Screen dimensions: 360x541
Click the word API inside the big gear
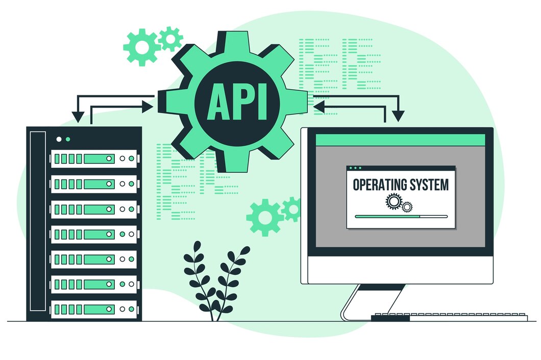click(237, 102)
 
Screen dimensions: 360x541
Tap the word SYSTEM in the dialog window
click(429, 184)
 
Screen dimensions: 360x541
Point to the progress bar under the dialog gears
click(401, 216)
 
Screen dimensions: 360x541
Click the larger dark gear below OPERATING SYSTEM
click(394, 202)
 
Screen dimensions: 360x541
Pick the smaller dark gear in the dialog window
click(407, 207)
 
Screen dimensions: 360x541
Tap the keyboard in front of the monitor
click(449, 317)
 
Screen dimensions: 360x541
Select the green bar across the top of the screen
click(400, 139)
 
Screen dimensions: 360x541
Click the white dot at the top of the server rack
click(59, 139)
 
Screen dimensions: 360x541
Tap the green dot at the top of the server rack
click(68, 139)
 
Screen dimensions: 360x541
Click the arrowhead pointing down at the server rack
click(78, 118)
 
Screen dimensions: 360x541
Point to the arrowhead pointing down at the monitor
click(398, 117)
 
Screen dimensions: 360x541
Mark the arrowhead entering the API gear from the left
click(148, 107)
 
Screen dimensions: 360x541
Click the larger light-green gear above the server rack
click(141, 47)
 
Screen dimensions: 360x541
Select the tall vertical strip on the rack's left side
click(37, 221)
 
